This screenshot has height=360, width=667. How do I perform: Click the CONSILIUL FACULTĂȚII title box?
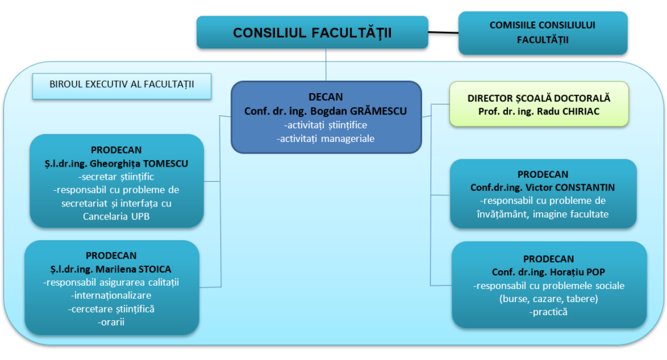pos(312,33)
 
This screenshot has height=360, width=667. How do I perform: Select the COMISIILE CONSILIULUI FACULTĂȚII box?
pos(543,33)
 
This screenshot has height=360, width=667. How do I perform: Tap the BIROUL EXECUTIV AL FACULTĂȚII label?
pos(122,85)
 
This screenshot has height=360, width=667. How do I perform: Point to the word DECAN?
pos(326,97)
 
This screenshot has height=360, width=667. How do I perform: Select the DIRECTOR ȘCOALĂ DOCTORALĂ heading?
pos(539,98)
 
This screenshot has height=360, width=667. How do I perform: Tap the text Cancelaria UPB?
pos(116,216)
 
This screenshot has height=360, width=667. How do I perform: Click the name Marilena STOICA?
pos(134,269)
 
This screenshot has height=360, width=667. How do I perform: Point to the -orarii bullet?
pos(111,322)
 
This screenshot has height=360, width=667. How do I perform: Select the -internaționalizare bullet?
pos(111,296)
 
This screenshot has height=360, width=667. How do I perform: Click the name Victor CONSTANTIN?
pos(570,187)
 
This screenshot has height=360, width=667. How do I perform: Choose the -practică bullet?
pos(548,312)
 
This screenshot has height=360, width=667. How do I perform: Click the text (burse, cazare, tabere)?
pos(548,299)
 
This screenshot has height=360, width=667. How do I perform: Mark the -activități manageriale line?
pos(326,139)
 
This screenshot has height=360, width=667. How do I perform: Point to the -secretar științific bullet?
pos(116,177)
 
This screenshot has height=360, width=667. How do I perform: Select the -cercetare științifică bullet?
pos(111,309)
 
